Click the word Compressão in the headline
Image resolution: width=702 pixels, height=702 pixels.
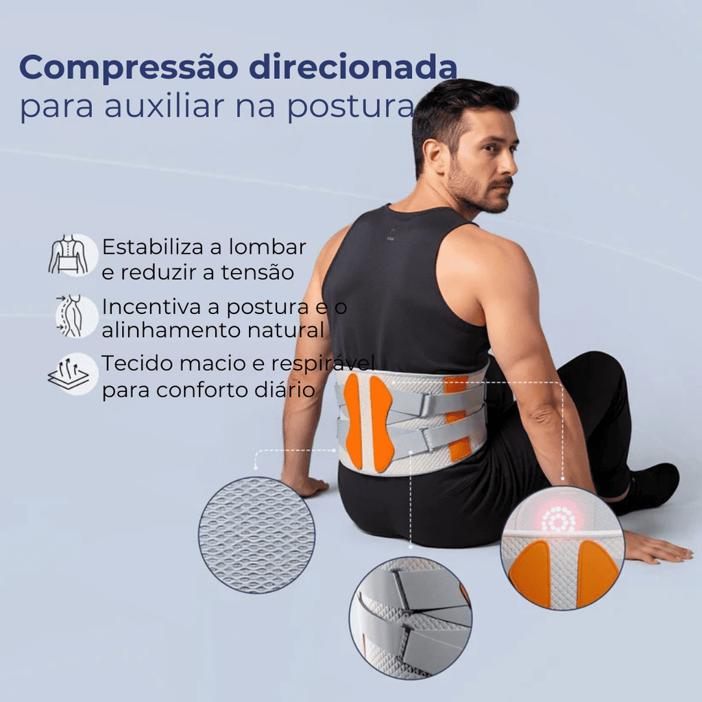(x=129, y=69)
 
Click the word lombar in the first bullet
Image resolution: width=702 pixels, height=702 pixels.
(x=267, y=247)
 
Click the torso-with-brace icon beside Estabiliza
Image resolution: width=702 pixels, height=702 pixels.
(x=73, y=255)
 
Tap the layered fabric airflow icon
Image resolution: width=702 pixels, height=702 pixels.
(x=73, y=374)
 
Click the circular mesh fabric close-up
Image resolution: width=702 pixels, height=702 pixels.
(x=256, y=535)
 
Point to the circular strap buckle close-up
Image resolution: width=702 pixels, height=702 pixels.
(x=411, y=618)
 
